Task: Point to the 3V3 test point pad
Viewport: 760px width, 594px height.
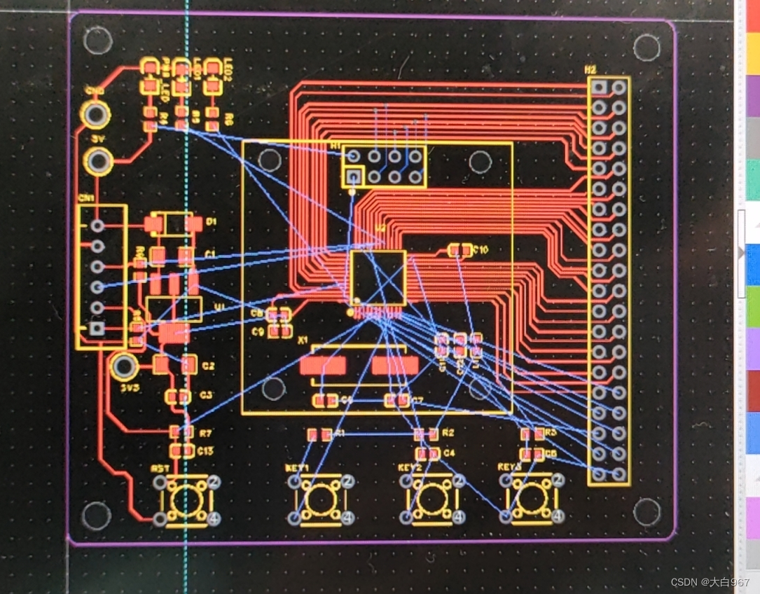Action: point(124,365)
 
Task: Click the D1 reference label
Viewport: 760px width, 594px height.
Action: point(212,222)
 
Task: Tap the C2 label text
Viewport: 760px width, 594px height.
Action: point(208,366)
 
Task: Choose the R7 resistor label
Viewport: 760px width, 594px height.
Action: point(205,434)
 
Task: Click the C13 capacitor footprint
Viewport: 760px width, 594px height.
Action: point(181,450)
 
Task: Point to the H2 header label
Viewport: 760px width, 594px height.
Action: point(590,69)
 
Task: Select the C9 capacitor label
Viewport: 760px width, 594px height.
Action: point(258,331)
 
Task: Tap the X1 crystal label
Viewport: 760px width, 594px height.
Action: point(303,340)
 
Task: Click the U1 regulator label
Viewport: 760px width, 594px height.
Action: point(220,307)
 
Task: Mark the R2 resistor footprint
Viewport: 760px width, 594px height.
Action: point(424,434)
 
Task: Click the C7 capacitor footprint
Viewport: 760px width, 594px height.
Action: point(397,401)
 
